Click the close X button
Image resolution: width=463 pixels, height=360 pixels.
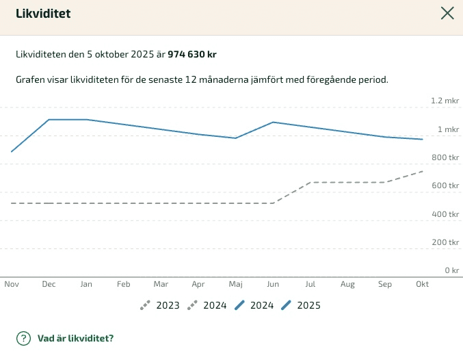[x=447, y=13]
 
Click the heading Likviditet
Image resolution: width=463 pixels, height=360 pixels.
[x=43, y=14]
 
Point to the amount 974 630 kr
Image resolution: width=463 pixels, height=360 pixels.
[x=192, y=54]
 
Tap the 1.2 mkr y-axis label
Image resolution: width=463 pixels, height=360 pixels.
[x=445, y=101]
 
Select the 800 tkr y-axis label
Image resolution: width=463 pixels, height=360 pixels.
[x=445, y=157]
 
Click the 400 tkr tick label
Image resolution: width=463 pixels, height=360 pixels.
[x=445, y=214]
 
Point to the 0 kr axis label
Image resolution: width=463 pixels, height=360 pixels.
[x=451, y=270]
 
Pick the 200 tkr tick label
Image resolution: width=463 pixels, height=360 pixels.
[x=445, y=242]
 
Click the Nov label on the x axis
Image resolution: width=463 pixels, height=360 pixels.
[x=12, y=283]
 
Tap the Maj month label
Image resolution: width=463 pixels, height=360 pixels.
[x=236, y=283]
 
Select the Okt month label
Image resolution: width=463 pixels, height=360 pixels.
[x=422, y=283]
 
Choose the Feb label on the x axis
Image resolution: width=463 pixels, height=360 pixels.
[x=124, y=283]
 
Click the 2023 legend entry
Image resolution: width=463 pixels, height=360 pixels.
[x=160, y=305]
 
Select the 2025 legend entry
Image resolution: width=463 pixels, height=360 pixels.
[x=301, y=305]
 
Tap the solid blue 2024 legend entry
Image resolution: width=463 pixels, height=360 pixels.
[x=254, y=305]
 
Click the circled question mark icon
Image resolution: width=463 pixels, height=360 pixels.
[x=24, y=338]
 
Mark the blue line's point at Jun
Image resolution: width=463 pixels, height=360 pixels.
[x=273, y=123]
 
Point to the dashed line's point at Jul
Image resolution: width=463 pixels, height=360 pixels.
[x=310, y=183]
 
